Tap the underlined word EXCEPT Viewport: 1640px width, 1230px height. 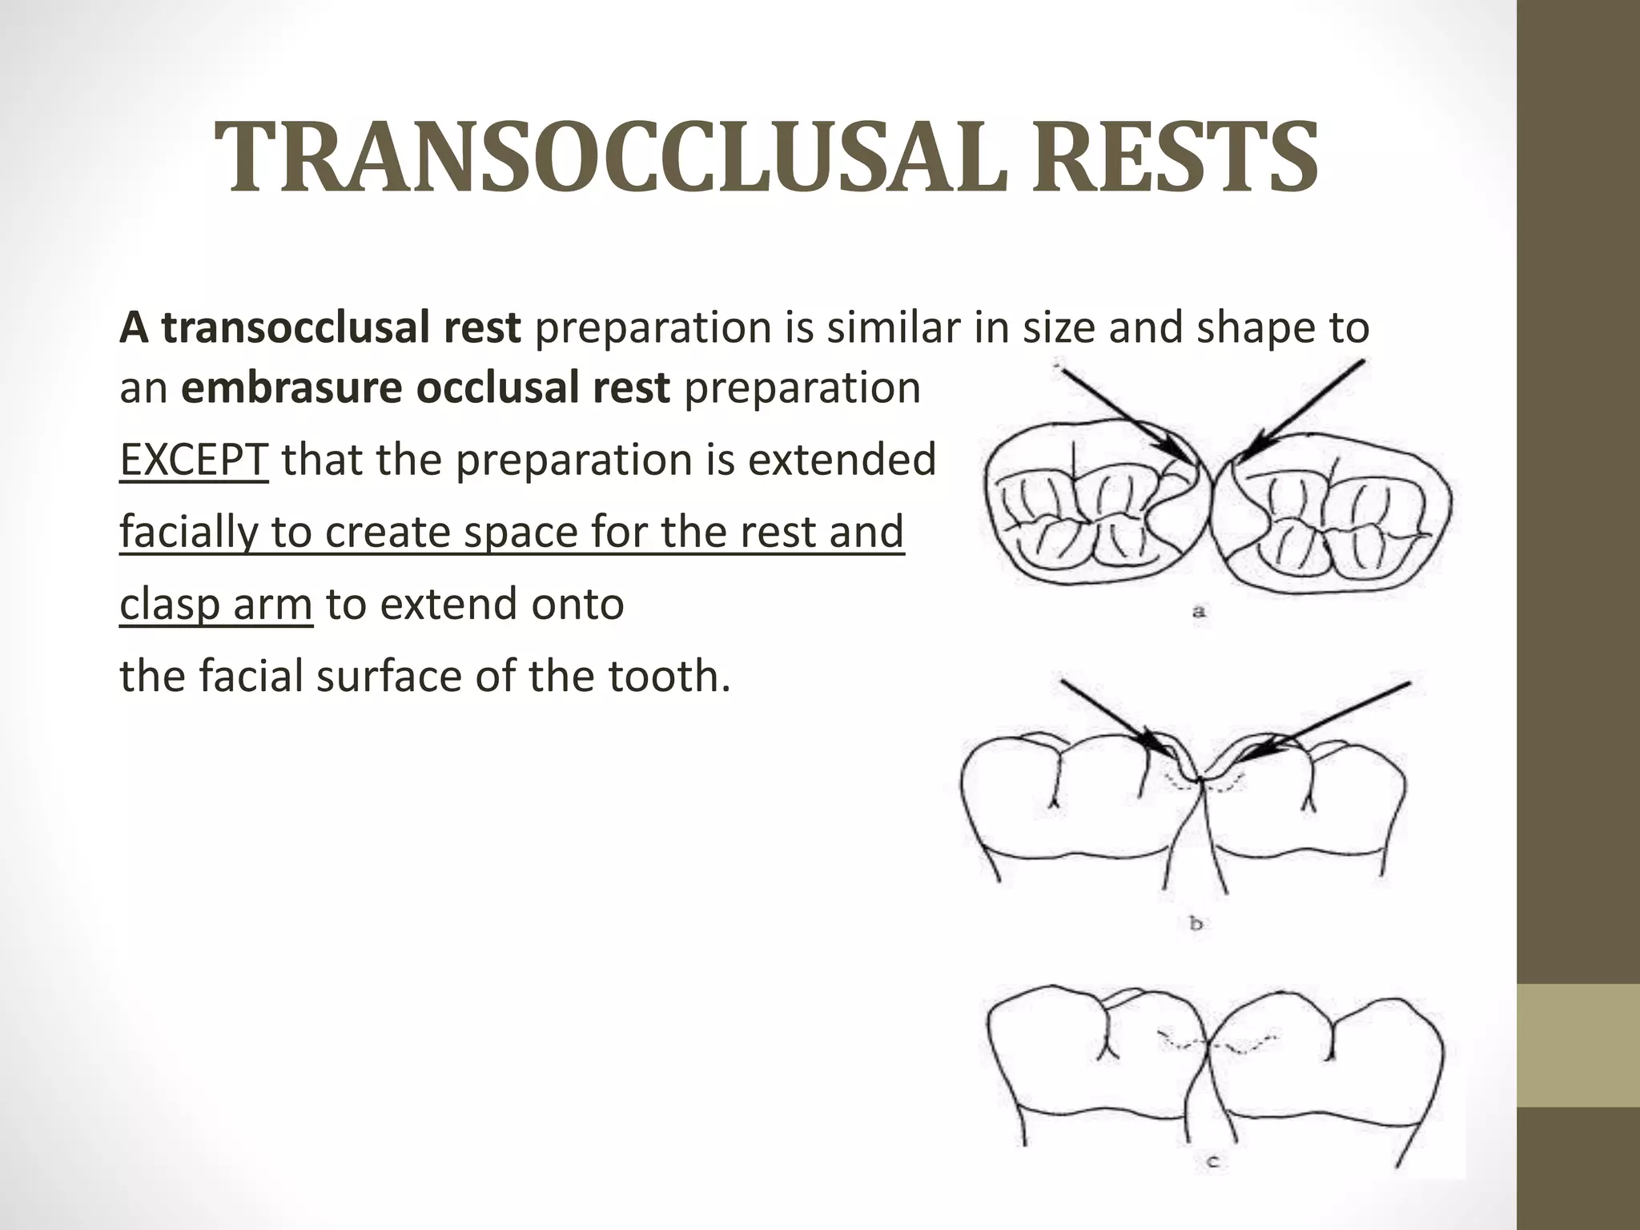pos(193,460)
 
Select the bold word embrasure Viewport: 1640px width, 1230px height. pos(292,388)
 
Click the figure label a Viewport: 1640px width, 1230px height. pos(1199,613)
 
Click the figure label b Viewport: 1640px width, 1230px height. pos(1196,924)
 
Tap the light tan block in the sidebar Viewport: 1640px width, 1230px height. pos(1578,1045)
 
